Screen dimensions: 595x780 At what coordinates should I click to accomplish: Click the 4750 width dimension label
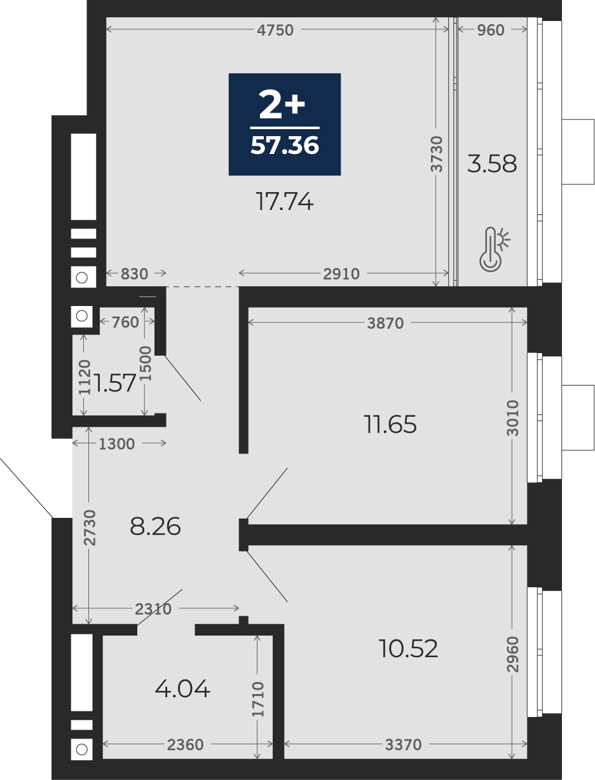pos(275,30)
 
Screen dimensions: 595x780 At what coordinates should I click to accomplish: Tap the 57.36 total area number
pos(285,146)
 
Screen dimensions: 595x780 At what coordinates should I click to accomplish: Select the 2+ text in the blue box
pos(282,104)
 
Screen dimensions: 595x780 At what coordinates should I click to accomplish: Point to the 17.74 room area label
pos(284,202)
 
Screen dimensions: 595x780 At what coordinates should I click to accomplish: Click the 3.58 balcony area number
pos(491,164)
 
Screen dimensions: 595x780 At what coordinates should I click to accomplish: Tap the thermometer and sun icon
pos(494,249)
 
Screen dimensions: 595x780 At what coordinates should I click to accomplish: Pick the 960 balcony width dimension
pos(491,30)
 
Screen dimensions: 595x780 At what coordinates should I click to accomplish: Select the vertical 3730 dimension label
pos(437,154)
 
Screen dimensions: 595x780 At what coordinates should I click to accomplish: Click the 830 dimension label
pos(134,274)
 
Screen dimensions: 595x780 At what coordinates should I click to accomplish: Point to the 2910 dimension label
pos(341,274)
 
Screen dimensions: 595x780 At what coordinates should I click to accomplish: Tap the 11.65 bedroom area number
pos(390,424)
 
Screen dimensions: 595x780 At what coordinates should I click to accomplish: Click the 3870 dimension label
pos(385,323)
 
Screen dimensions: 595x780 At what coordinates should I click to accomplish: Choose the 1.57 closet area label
pos(114,383)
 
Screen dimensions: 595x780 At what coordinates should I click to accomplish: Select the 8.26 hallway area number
pos(155,526)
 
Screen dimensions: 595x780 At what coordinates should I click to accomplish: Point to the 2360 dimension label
pos(186,744)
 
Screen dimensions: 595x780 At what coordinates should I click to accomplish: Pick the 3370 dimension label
pos(403,744)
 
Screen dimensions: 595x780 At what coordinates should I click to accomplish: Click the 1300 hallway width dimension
pos(116,444)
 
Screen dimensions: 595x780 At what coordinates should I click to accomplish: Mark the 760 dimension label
pos(125,323)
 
